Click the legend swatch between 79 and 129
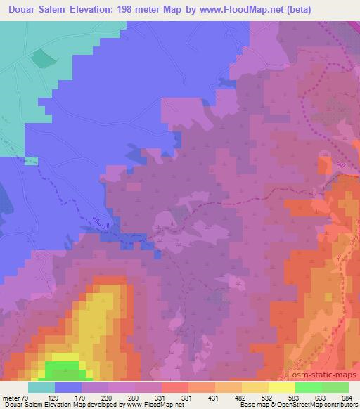click(41, 387)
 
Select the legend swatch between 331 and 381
click(175, 387)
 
